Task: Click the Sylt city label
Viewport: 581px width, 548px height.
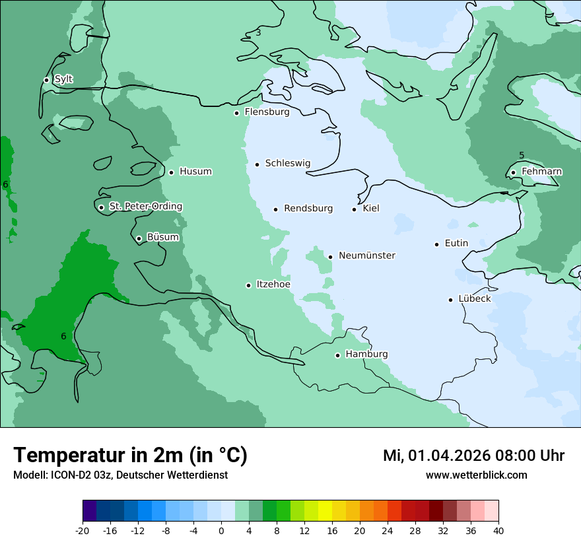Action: (63, 79)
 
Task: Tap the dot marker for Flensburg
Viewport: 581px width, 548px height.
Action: (236, 113)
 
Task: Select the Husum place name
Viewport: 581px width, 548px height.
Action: (195, 172)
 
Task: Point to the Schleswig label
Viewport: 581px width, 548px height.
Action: (287, 163)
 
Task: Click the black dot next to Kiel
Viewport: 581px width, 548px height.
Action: (355, 209)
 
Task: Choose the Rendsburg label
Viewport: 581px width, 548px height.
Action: (308, 209)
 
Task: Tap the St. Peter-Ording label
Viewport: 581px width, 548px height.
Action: (145, 207)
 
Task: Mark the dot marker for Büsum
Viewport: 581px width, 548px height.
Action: (139, 238)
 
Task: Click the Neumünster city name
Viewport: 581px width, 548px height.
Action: (366, 256)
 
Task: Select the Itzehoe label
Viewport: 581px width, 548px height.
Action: (273, 285)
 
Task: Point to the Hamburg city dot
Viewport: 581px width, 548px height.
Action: (337, 355)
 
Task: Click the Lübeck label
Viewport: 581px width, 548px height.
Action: (474, 298)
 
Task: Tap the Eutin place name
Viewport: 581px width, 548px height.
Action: (456, 243)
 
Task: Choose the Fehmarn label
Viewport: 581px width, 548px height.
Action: (541, 172)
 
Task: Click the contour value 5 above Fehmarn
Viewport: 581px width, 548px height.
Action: (522, 156)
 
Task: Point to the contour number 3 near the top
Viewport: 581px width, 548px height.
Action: (258, 32)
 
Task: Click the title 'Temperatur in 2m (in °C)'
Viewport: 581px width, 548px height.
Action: (130, 456)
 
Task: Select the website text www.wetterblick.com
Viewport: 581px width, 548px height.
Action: (476, 475)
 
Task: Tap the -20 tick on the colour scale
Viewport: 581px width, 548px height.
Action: (83, 531)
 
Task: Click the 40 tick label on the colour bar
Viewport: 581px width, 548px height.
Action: (498, 531)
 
